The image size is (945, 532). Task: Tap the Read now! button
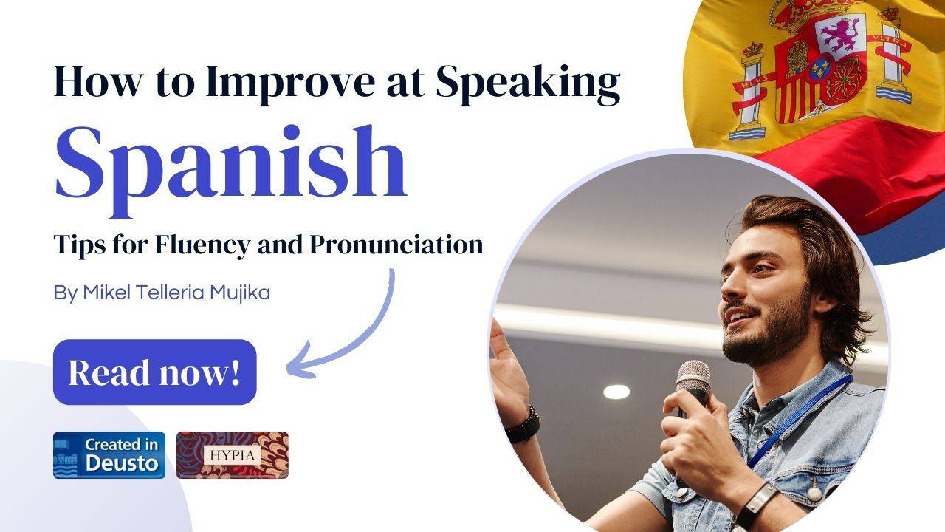[154, 372]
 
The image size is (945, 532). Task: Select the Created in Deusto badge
[109, 455]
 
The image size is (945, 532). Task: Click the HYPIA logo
[233, 455]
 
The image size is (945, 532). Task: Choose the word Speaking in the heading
[527, 83]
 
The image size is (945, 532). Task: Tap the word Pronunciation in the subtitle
[396, 244]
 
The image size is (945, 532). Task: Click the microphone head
[693, 376]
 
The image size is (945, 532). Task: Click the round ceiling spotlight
[616, 392]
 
